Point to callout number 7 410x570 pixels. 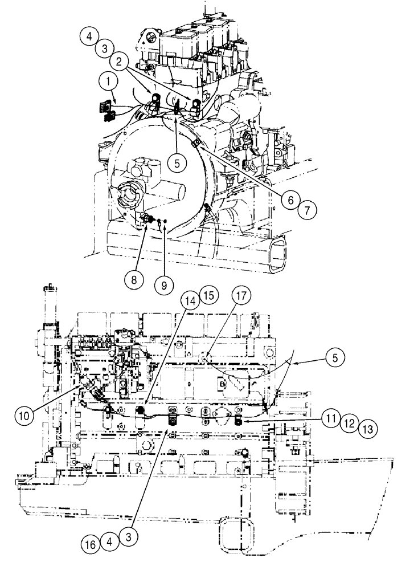pyautogui.click(x=307, y=210)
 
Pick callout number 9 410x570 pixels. pyautogui.click(x=164, y=283)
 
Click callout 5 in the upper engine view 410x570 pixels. pyautogui.click(x=177, y=162)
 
